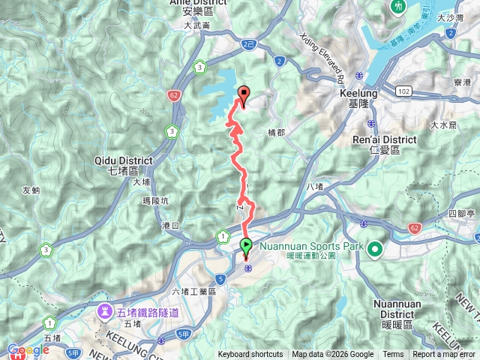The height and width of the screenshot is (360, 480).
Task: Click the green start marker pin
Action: [x=246, y=245]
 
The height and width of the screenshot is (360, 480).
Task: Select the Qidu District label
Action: [x=124, y=165]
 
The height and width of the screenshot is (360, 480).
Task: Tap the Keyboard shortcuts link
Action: [x=250, y=355]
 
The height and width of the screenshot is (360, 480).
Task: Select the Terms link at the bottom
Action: [x=393, y=355]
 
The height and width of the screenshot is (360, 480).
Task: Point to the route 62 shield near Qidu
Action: [x=174, y=95]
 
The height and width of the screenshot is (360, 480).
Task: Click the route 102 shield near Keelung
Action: [x=404, y=90]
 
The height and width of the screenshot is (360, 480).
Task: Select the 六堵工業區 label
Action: [x=193, y=292]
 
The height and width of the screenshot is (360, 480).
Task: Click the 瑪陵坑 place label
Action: [x=157, y=201]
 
